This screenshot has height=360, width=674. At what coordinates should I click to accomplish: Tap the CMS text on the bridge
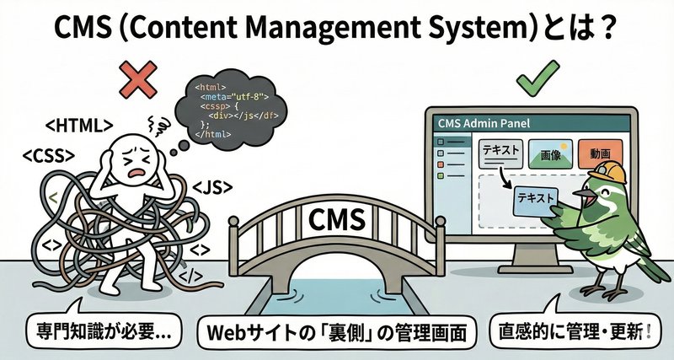coord(336,222)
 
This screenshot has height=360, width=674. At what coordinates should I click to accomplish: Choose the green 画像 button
coord(550,156)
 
